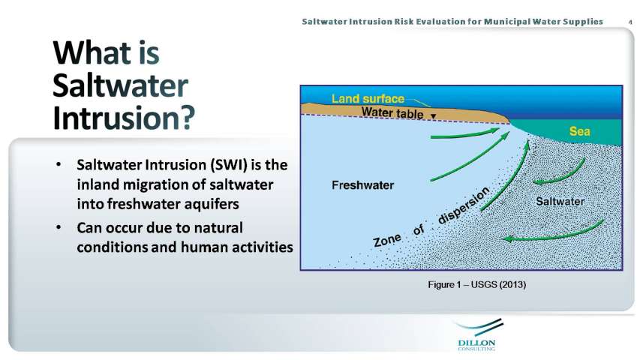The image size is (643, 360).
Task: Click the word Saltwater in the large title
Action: (120, 85)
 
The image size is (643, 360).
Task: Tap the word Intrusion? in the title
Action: (124, 118)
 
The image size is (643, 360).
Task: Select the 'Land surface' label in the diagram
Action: (368, 99)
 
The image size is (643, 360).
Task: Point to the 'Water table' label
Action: (392, 112)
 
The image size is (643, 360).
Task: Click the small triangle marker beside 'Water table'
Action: (433, 116)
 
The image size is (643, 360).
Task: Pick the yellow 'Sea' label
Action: (579, 131)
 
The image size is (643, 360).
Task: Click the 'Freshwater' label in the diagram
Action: (362, 185)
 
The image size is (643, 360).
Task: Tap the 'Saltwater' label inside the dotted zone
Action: (560, 201)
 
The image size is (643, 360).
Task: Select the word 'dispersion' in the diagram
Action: (464, 205)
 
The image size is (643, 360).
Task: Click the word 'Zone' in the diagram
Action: (387, 239)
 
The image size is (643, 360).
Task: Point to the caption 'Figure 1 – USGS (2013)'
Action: (477, 284)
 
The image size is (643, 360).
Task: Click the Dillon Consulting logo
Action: (477, 335)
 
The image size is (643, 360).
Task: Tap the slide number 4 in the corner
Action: (630, 22)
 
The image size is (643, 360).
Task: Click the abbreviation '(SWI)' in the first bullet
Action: (229, 165)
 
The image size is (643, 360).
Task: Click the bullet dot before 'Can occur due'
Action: (59, 227)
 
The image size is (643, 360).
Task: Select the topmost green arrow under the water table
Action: (464, 134)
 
